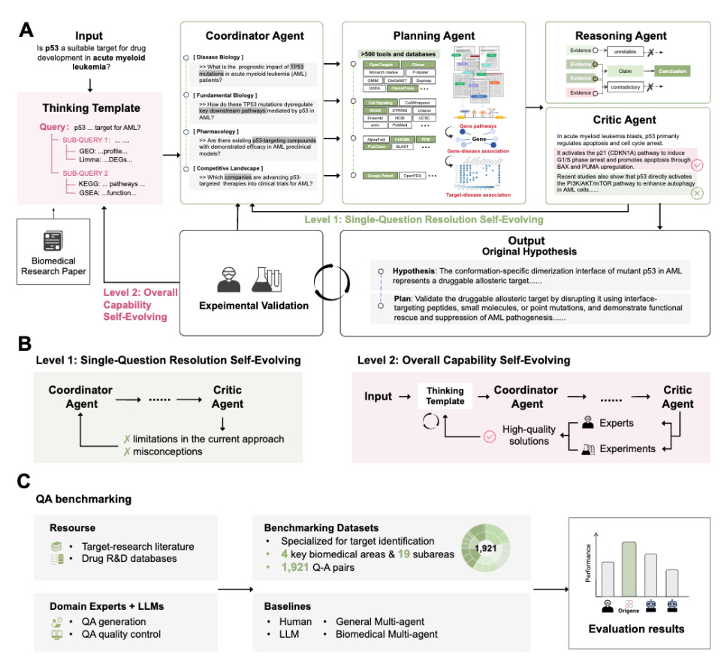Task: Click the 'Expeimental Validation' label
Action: (250, 306)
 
